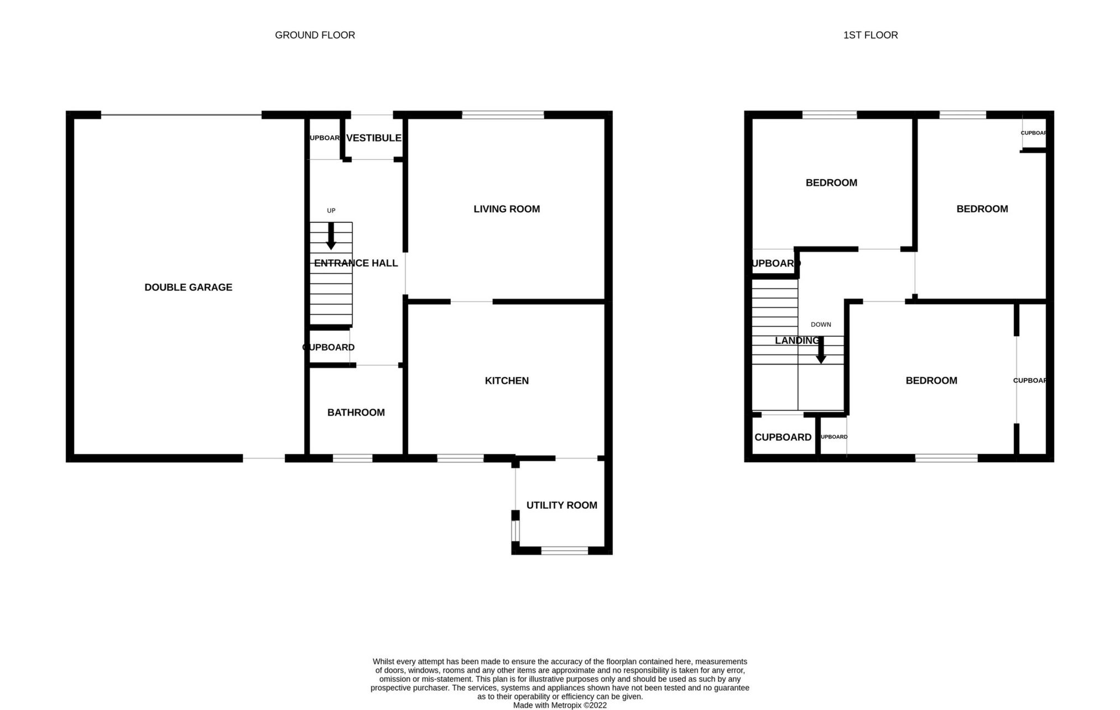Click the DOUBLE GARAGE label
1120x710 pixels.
coord(188,287)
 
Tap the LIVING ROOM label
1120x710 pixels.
coord(507,209)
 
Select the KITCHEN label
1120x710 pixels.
coord(507,380)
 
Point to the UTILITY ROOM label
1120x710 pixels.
coord(561,505)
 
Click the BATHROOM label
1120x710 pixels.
coord(356,413)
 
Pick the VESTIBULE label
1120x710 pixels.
coord(374,138)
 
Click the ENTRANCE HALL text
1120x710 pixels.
coord(356,263)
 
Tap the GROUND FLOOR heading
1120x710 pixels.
coord(315,35)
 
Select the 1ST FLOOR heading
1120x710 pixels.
coord(870,35)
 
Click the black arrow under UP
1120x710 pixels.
coord(331,236)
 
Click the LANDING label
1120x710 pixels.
coord(796,341)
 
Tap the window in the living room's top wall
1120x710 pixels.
coord(503,115)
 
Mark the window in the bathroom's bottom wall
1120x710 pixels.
coord(352,458)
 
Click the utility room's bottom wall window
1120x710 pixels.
coord(564,550)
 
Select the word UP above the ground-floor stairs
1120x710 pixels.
coord(331,211)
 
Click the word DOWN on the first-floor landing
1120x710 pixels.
coord(821,325)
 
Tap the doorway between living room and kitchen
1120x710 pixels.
coord(471,302)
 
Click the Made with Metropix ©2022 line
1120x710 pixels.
coord(560,706)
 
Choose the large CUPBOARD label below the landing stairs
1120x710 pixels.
coord(783,437)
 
